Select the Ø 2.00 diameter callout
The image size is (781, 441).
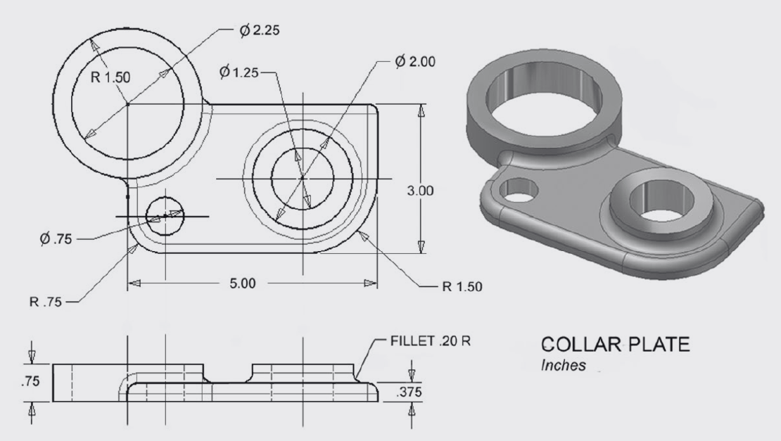pos(414,61)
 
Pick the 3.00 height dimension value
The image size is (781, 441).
pos(421,191)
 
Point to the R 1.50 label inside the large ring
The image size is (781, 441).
pos(110,77)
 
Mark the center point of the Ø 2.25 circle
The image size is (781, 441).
pos(127,103)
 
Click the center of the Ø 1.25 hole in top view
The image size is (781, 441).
pos(303,179)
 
